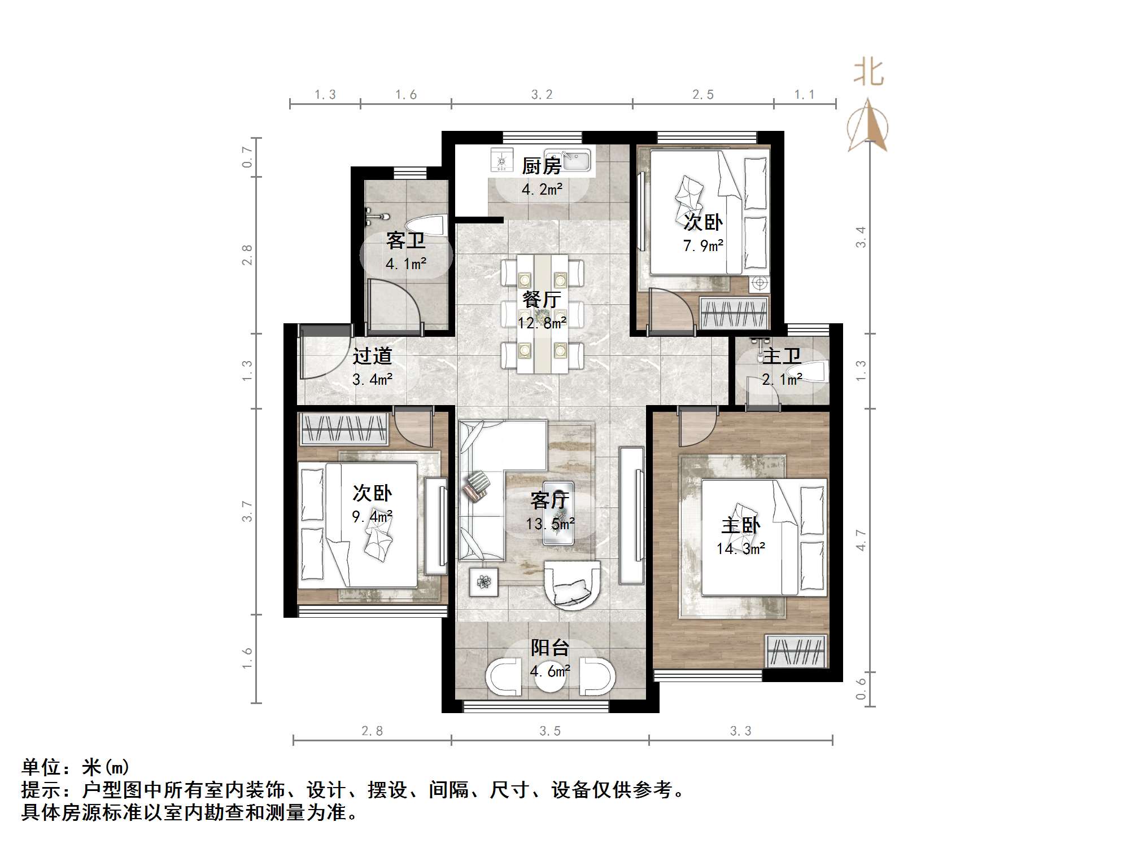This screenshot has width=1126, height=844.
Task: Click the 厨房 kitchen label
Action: pyautogui.click(x=541, y=166)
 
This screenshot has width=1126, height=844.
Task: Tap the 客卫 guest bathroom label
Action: pyautogui.click(x=405, y=241)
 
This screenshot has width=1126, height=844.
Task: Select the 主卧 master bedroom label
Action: pyautogui.click(x=740, y=525)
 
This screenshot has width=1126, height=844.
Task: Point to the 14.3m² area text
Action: pyautogui.click(x=740, y=548)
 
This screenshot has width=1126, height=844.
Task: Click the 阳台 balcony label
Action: pyautogui.click(x=549, y=648)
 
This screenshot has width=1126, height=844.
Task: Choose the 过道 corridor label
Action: pyautogui.click(x=372, y=356)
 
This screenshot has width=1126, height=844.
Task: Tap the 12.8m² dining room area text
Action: pyautogui.click(x=542, y=323)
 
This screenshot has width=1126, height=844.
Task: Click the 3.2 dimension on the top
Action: pyautogui.click(x=542, y=95)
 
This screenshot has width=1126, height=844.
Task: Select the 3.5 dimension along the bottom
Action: pyautogui.click(x=549, y=731)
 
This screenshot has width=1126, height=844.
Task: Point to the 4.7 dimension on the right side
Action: pyautogui.click(x=860, y=539)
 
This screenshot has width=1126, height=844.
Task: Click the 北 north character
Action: pyautogui.click(x=868, y=73)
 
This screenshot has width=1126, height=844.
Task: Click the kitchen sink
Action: pyautogui.click(x=568, y=160)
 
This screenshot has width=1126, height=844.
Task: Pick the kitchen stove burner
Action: pyautogui.click(x=501, y=160)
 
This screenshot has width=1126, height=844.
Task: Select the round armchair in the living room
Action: pyautogui.click(x=571, y=584)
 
